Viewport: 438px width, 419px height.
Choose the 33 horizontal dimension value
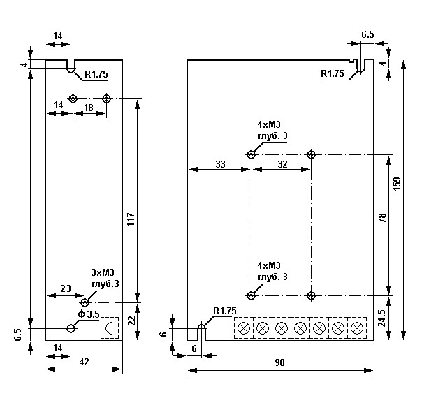point(219,164)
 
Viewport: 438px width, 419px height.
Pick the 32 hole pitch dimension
point(282,164)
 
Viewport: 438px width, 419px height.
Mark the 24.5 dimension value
point(381,318)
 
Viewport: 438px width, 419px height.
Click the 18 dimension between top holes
point(89,106)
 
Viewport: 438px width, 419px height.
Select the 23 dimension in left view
point(65,288)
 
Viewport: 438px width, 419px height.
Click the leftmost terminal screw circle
point(244,328)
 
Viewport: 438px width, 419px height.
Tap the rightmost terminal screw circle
point(356,328)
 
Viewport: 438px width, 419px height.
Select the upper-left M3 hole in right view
point(251,154)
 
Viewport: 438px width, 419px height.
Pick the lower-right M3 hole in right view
point(311,295)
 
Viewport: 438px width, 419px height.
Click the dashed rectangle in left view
point(110,328)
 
